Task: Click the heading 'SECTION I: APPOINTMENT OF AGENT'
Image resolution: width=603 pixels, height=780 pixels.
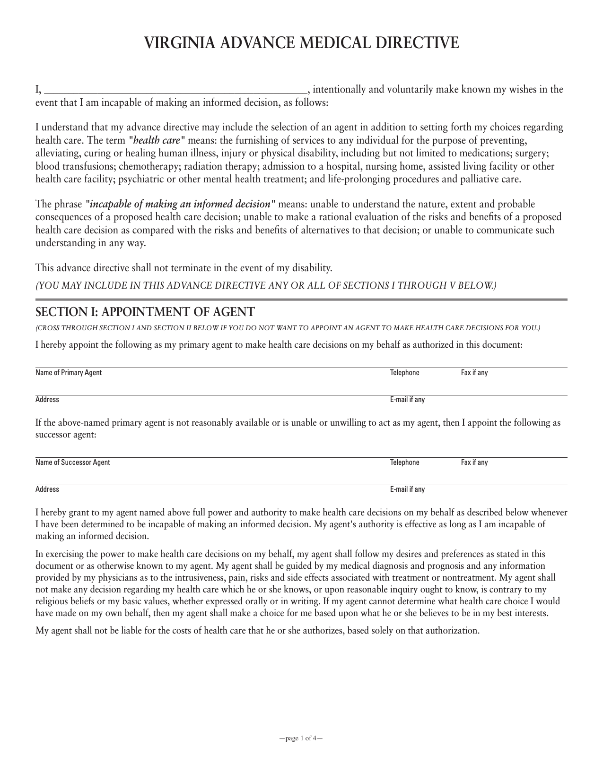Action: click(x=145, y=312)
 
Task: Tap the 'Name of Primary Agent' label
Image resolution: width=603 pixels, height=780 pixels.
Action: click(x=69, y=373)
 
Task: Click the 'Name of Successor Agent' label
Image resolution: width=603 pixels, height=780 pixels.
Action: click(x=72, y=463)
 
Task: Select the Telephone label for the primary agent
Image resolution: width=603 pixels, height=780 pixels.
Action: click(x=404, y=373)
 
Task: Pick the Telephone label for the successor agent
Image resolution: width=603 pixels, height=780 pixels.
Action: click(x=404, y=463)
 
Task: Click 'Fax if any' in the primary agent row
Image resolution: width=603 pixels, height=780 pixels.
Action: click(x=474, y=373)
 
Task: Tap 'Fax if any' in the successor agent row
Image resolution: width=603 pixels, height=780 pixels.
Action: click(x=474, y=463)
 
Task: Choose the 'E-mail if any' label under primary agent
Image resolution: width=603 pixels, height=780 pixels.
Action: click(x=407, y=400)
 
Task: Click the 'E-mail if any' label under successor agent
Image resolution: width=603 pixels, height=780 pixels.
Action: click(x=407, y=489)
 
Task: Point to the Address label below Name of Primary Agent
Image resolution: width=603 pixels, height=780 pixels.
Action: click(x=47, y=400)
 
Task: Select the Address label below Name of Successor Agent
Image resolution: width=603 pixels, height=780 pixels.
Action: click(x=47, y=489)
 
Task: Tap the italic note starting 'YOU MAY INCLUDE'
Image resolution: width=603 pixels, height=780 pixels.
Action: click(x=266, y=286)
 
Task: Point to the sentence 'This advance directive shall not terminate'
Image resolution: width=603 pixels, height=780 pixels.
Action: click(x=184, y=268)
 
